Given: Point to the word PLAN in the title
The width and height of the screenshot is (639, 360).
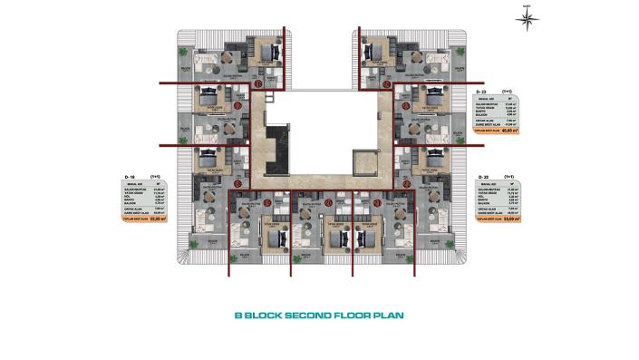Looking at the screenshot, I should point(388,316).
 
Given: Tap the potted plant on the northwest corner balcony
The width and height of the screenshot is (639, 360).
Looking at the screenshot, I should point(184,52).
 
